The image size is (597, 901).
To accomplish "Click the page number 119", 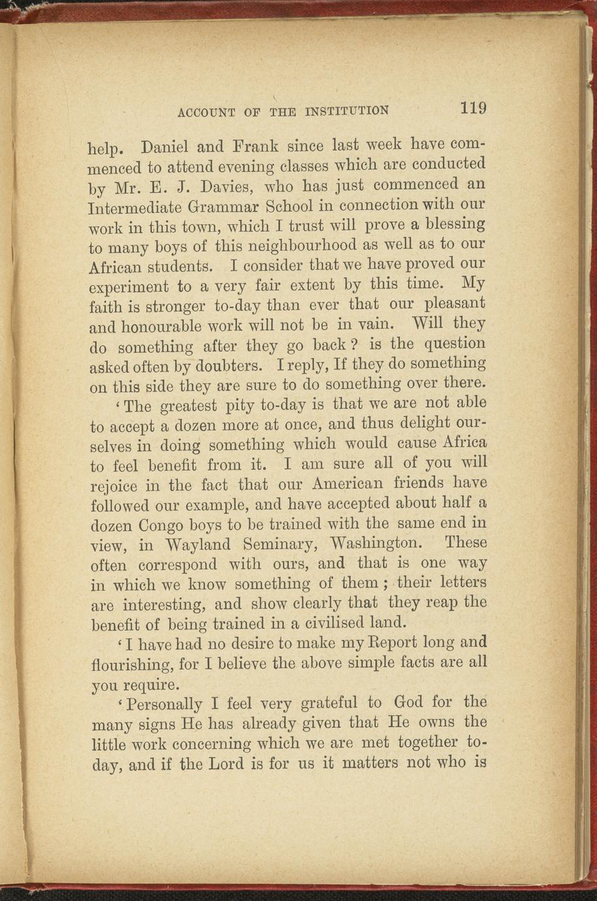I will click(x=473, y=108).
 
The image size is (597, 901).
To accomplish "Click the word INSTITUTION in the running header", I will click(x=346, y=111).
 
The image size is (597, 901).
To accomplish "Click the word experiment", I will click(x=127, y=287).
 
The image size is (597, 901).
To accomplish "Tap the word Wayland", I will click(x=198, y=545).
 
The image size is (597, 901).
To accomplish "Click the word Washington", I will click(x=377, y=543).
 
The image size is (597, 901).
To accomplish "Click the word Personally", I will click(x=165, y=705).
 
